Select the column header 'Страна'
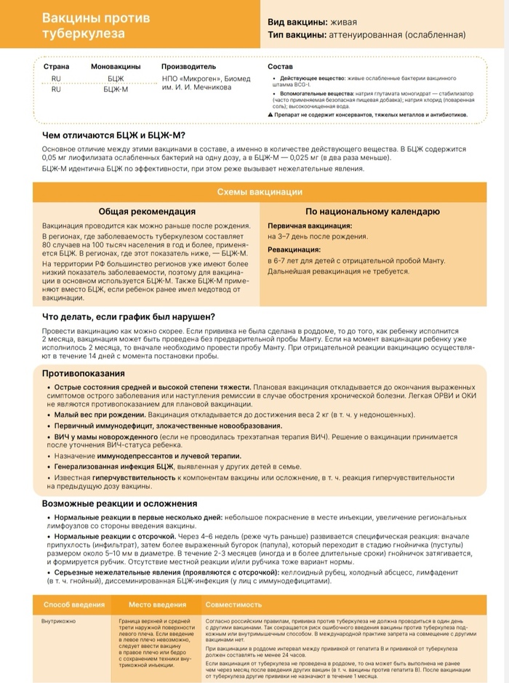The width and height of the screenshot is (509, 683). pyautogui.click(x=56, y=66)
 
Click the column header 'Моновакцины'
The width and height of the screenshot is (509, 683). pyautogui.click(x=116, y=66)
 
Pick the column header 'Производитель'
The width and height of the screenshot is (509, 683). pyautogui.click(x=189, y=66)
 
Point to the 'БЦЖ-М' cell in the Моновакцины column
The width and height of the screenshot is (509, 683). pyautogui.click(x=116, y=89)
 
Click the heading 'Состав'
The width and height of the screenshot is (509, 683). pyautogui.click(x=280, y=66)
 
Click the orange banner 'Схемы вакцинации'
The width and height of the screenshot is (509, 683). pyautogui.click(x=260, y=192)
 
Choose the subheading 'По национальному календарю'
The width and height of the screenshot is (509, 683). pyautogui.click(x=372, y=212)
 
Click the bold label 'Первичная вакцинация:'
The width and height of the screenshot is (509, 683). pyautogui.click(x=310, y=226)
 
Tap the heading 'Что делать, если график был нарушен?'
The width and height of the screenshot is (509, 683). pyautogui.click(x=128, y=316)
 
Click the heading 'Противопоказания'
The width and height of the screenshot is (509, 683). pyautogui.click(x=83, y=373)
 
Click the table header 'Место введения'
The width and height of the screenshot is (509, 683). pyautogui.click(x=158, y=604)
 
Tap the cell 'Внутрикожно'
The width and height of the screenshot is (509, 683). pyautogui.click(x=61, y=622)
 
